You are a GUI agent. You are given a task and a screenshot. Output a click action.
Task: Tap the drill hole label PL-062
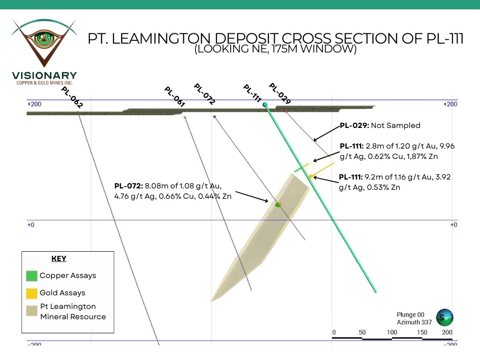coord(72,97)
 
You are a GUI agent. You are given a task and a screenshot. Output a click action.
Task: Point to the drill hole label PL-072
coord(204,94)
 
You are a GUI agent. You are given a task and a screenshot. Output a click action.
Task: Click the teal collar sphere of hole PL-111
coord(265,105)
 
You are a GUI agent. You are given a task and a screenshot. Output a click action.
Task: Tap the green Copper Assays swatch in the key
coord(32,276)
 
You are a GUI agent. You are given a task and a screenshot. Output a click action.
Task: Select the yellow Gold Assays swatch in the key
coord(32,293)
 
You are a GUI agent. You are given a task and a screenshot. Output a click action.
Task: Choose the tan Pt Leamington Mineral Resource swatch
coord(32,311)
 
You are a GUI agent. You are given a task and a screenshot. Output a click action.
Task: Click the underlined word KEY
coord(59,259)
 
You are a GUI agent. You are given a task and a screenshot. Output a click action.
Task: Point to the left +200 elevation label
coord(34,104)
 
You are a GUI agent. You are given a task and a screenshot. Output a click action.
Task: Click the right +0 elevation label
coord(453,225)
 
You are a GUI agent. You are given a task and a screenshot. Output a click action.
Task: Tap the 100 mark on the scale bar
coord(392,332)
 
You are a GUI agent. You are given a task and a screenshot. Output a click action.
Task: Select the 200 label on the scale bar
coord(447,332)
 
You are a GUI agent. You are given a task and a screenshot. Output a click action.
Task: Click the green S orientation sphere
coord(444,317)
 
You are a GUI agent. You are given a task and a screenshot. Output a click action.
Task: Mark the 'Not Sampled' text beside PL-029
coord(397,126)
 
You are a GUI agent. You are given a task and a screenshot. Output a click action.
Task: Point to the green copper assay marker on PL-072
coord(277,205)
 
